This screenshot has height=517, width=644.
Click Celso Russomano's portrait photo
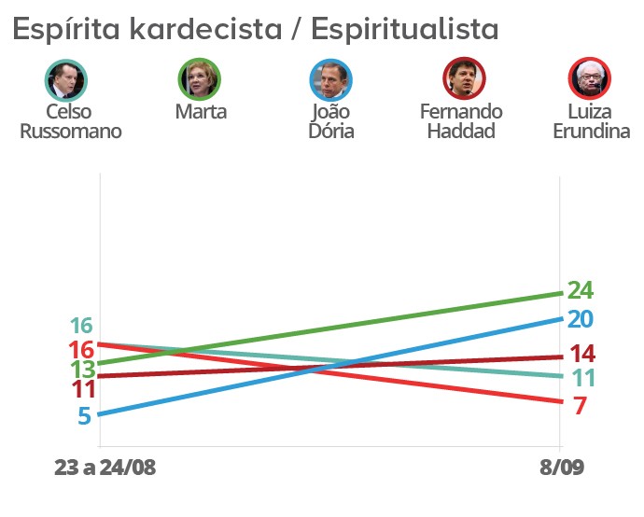[x=66, y=79]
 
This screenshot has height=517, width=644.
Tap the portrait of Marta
[x=200, y=79]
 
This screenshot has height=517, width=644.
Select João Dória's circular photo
[x=331, y=79]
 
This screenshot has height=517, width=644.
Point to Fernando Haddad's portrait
[x=461, y=79]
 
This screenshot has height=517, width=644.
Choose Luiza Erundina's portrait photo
[x=590, y=79]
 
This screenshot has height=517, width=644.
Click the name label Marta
[x=201, y=112]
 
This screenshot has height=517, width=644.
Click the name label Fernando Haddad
[x=461, y=120]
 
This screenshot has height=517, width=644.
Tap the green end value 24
[x=580, y=290]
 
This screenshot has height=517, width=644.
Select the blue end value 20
[x=580, y=319]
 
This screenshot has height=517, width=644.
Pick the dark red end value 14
[x=580, y=355]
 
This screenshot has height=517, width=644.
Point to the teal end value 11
[x=580, y=379]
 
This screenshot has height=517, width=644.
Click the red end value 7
[x=580, y=407]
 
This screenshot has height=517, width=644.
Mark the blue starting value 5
[x=84, y=416]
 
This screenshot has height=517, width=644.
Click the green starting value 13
[x=82, y=369]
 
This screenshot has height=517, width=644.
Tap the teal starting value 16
[x=81, y=327]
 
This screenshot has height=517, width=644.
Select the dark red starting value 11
[x=81, y=389]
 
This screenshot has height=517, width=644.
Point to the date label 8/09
[x=560, y=468]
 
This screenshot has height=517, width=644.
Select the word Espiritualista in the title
[x=404, y=30]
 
